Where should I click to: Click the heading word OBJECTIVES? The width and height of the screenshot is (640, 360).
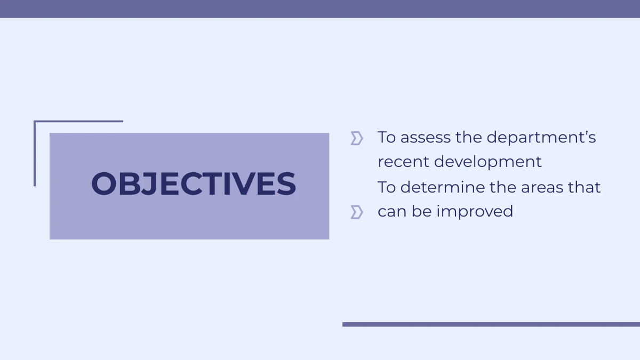point(193,184)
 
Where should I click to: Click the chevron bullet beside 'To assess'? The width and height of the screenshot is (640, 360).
point(357,139)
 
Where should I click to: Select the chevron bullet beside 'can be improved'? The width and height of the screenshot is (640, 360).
point(357,212)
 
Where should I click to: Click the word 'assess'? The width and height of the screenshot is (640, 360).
point(425,138)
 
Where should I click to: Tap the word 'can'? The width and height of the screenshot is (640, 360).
point(392,212)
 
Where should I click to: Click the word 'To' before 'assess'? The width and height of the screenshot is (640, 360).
point(387,138)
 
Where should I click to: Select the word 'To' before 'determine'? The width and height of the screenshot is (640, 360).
point(387,187)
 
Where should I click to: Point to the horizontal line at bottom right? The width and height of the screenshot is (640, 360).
point(491,324)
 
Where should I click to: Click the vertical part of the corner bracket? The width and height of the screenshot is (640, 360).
point(35,155)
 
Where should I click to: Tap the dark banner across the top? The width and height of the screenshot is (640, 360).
point(320,9)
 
